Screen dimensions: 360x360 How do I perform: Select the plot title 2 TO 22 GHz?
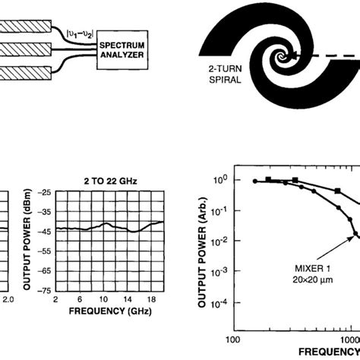[x=107, y=182]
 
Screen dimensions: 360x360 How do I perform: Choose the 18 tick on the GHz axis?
[x=152, y=298]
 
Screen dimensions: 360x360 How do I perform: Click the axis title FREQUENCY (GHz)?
[x=106, y=311]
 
